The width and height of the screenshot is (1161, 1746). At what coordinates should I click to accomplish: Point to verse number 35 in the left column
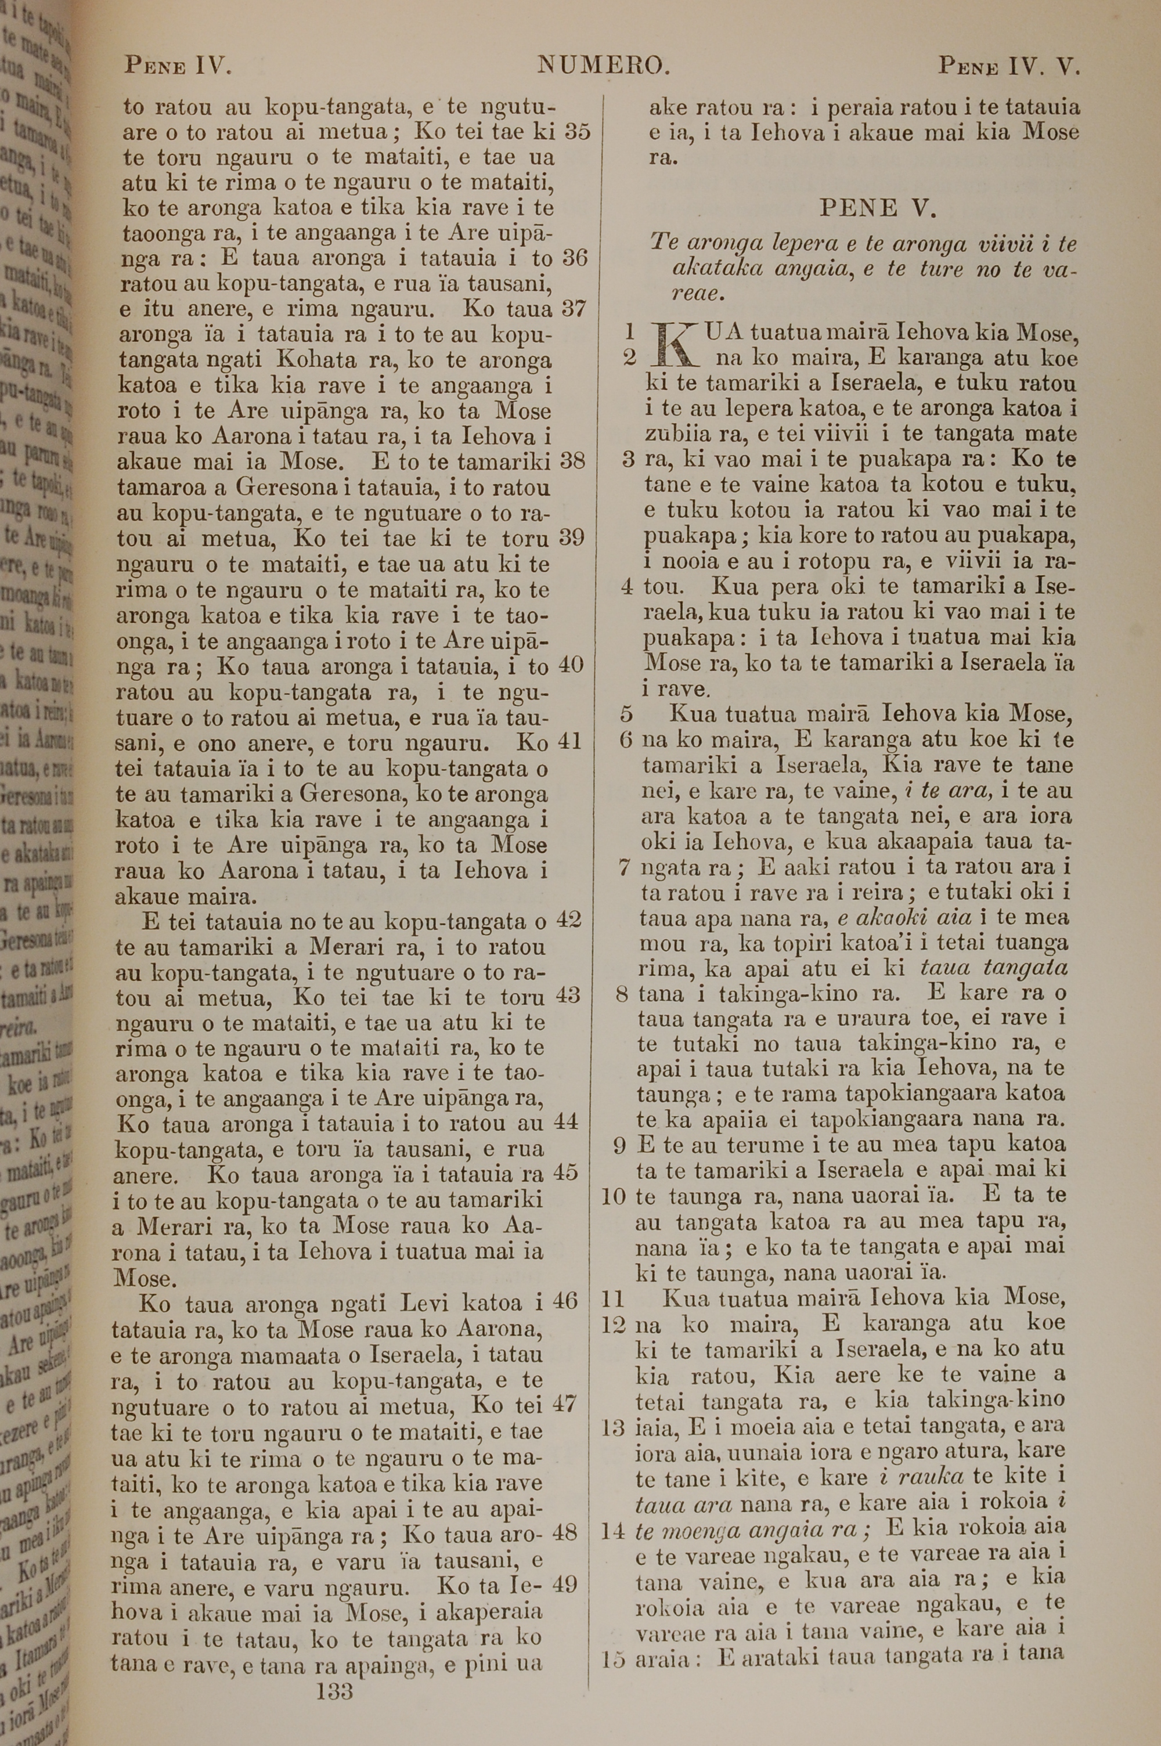point(577,132)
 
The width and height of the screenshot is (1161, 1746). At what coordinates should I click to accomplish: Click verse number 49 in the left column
point(564,1585)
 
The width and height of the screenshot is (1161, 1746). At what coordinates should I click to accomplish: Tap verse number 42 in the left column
point(568,920)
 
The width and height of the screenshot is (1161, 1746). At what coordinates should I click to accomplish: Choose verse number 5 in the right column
point(626,714)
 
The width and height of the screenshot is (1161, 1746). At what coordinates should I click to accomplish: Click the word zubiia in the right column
point(681,434)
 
